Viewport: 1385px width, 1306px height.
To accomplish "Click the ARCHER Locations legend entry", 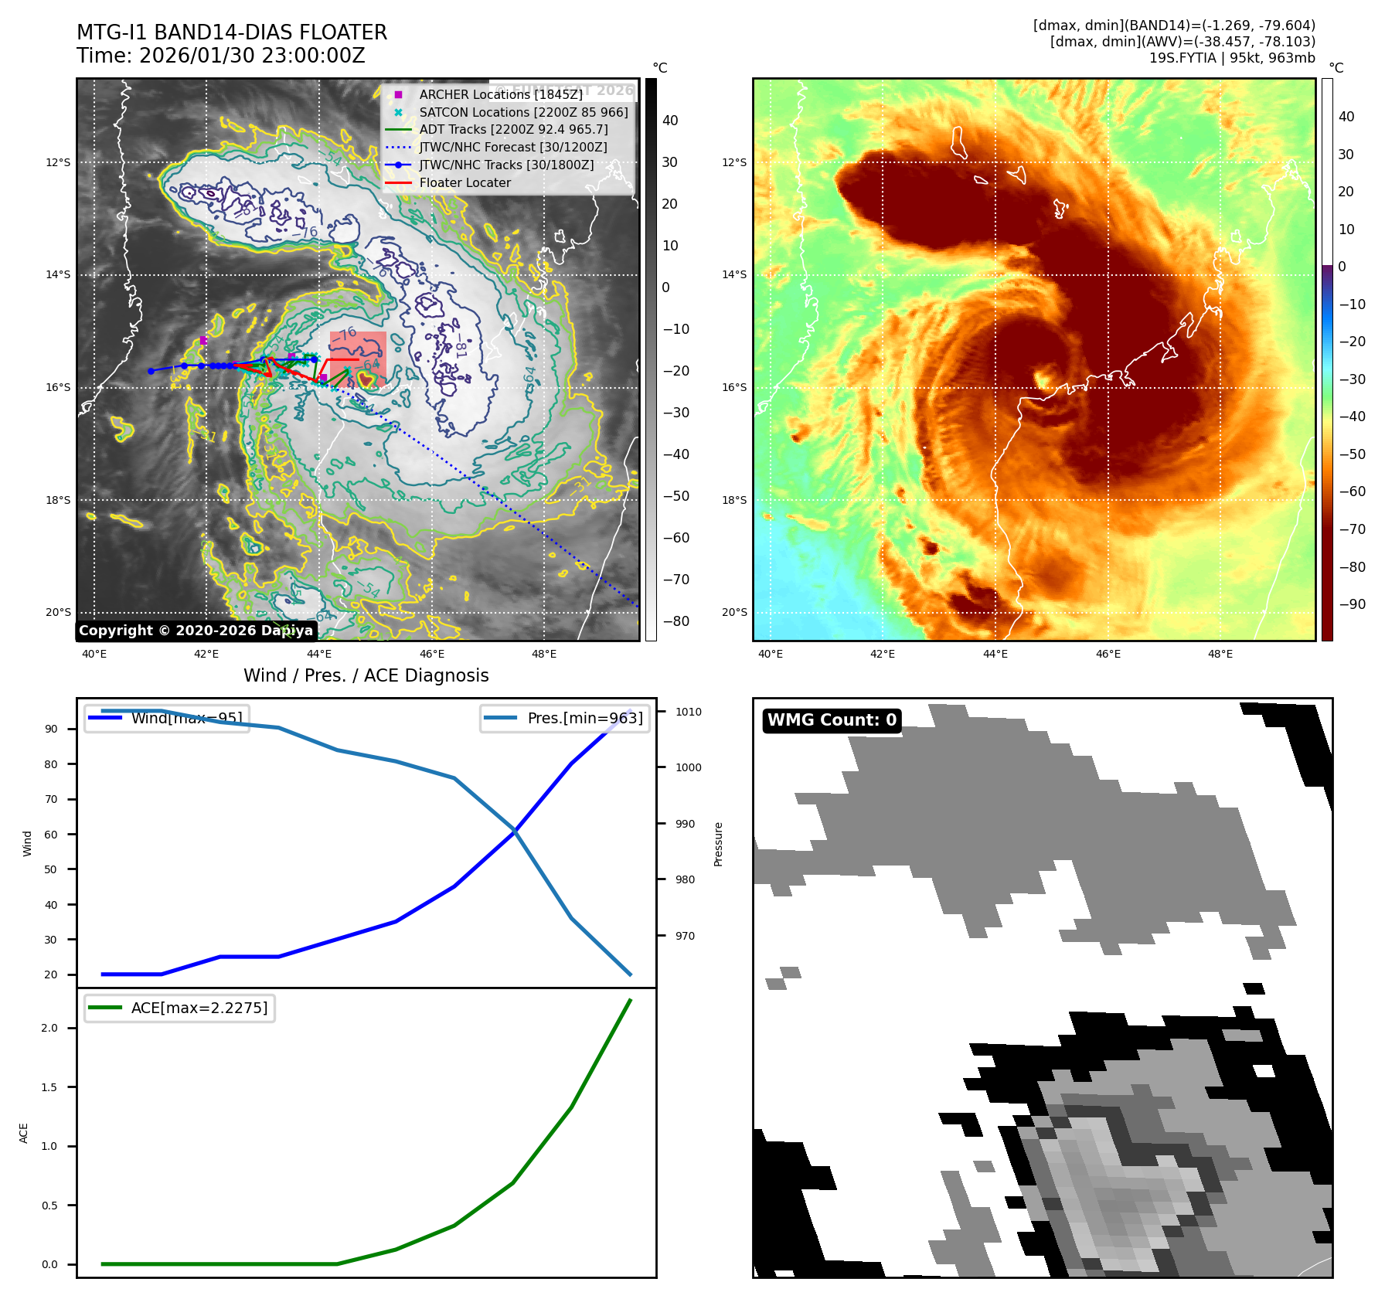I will (x=500, y=94).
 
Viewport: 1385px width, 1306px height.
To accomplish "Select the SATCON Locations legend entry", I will (x=523, y=112).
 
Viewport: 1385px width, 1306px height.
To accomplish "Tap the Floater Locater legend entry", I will (x=465, y=183).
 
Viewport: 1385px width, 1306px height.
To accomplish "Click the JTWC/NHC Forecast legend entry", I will (x=512, y=147).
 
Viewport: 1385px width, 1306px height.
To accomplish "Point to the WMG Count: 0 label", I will (x=832, y=720).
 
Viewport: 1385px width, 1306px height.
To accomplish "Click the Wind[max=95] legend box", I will (x=167, y=718).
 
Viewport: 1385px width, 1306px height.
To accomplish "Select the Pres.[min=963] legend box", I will (x=564, y=718).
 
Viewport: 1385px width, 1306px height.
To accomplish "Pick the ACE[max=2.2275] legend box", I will (x=179, y=1008).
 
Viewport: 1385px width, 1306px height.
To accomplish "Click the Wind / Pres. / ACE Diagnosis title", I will (x=366, y=675).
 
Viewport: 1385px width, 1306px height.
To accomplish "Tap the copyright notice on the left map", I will (x=196, y=631).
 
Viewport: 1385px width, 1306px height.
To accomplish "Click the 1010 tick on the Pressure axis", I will (x=688, y=712).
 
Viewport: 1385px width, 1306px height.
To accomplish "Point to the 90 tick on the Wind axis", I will (x=51, y=729).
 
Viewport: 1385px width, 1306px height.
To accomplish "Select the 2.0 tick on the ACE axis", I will (x=49, y=1028).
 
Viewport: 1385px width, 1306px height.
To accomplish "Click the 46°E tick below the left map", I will (x=432, y=654).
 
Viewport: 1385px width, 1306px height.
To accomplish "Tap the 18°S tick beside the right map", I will (x=734, y=500).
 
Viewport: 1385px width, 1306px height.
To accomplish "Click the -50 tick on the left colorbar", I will (x=676, y=496).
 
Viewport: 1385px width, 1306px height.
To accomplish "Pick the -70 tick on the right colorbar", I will (x=1352, y=529).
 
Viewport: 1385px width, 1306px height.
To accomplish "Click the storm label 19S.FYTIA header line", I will (x=1231, y=58).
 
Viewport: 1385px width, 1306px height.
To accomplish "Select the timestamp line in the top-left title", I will (x=221, y=56).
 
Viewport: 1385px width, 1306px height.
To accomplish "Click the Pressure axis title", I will (x=719, y=844).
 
